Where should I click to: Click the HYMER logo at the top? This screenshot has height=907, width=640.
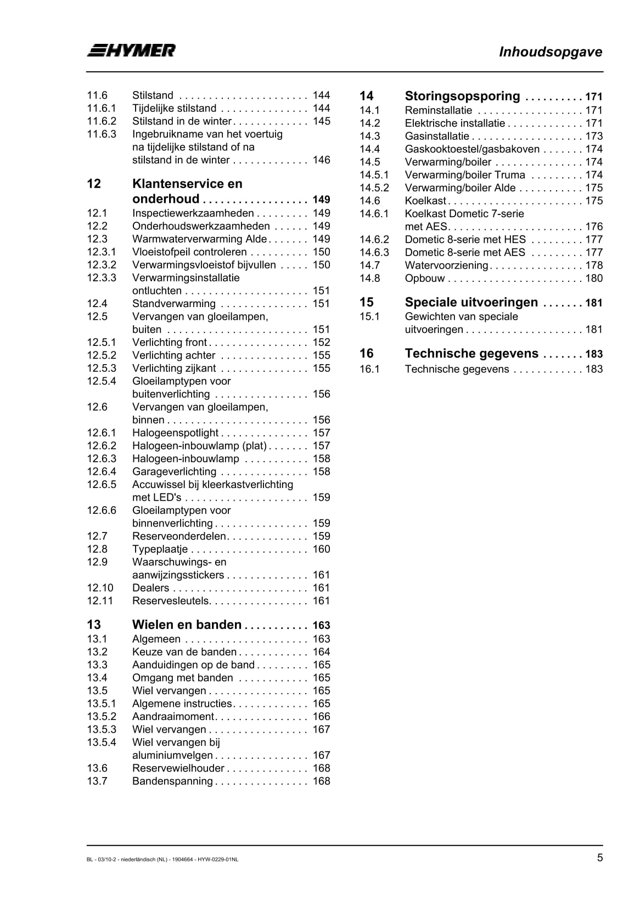point(131,50)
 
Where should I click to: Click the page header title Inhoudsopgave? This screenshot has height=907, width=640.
point(550,52)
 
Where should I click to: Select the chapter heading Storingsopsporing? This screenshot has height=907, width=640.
point(462,97)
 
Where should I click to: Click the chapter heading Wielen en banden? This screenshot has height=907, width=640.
point(187,625)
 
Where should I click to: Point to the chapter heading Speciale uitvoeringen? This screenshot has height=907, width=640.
point(471,302)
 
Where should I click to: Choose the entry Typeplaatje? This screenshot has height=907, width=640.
point(160,549)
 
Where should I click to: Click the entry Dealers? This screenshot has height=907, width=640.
point(150,588)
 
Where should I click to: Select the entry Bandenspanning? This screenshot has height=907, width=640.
point(172,781)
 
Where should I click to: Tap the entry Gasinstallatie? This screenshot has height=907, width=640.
point(437,136)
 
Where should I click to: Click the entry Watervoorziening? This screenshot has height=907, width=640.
point(446,265)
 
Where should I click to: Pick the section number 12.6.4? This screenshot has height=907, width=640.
point(102,472)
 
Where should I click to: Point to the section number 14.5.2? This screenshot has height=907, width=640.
point(374,188)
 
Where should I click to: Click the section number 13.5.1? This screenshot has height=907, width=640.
point(102,704)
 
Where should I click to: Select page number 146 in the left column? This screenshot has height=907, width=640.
point(321,160)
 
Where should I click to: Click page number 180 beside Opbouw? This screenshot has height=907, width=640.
point(594,278)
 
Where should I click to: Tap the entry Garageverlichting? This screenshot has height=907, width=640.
point(174,472)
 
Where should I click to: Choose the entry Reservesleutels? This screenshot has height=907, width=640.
point(171,601)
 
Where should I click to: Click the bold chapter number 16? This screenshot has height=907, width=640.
point(366,354)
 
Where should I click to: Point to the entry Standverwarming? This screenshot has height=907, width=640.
point(173,304)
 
